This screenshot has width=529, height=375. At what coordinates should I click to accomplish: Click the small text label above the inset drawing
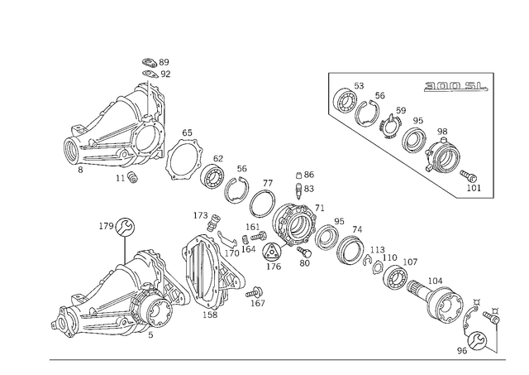click(454, 84)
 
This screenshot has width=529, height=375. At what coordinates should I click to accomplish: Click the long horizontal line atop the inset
click(410, 72)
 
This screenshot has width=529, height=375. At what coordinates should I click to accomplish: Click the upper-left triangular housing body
click(116, 132)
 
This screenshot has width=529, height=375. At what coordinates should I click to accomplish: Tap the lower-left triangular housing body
click(107, 302)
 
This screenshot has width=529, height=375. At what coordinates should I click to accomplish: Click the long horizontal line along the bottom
click(273, 358)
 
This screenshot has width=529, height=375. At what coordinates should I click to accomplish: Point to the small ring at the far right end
click(494, 315)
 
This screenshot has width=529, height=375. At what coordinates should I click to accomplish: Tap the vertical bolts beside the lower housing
click(196, 269)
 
